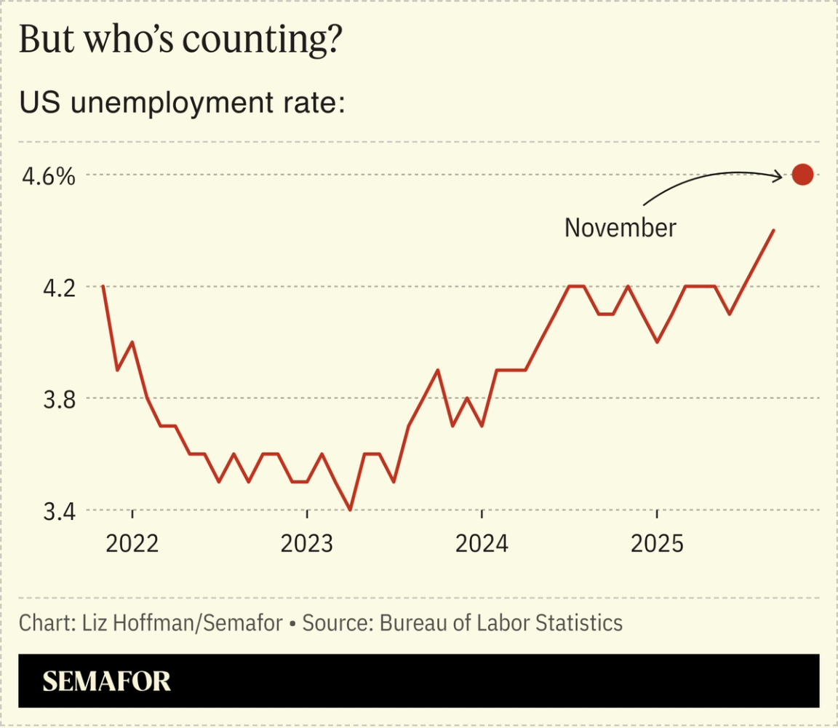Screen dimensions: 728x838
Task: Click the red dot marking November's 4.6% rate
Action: [802, 175]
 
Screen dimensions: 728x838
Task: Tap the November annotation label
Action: [620, 228]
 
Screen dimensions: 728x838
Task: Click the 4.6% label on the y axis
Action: [47, 176]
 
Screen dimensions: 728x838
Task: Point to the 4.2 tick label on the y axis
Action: [57, 288]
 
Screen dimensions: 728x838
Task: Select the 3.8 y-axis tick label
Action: [57, 399]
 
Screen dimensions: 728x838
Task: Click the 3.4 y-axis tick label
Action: [57, 511]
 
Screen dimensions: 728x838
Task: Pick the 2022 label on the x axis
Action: [132, 543]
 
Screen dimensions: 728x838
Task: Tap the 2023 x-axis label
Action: [307, 543]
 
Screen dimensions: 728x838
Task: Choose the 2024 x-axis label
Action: [482, 543]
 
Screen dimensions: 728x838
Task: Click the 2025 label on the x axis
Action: [657, 543]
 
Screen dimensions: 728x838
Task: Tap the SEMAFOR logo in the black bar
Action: [107, 681]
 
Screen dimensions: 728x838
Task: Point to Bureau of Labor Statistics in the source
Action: [501, 623]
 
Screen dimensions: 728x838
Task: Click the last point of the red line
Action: [773, 230]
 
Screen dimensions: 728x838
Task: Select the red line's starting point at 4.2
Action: [103, 286]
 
